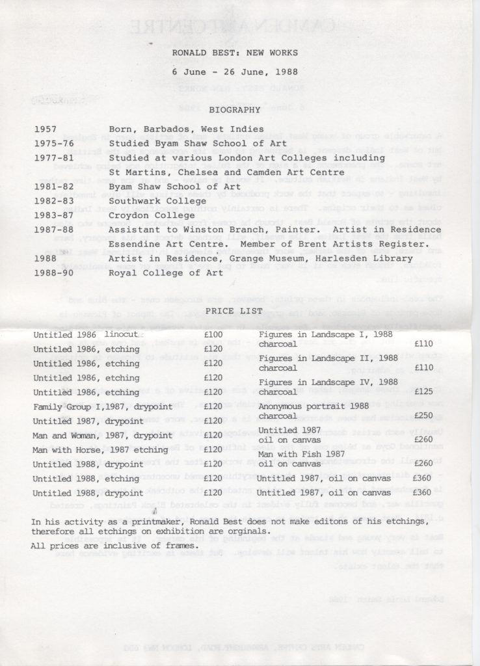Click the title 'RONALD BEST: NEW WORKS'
pyautogui.click(x=235, y=52)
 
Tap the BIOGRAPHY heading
pyautogui.click(x=235, y=110)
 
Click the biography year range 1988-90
pyautogui.click(x=54, y=272)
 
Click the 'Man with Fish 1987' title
pyautogui.click(x=302, y=453)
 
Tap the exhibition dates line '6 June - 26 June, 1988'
pyautogui.click(x=235, y=72)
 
